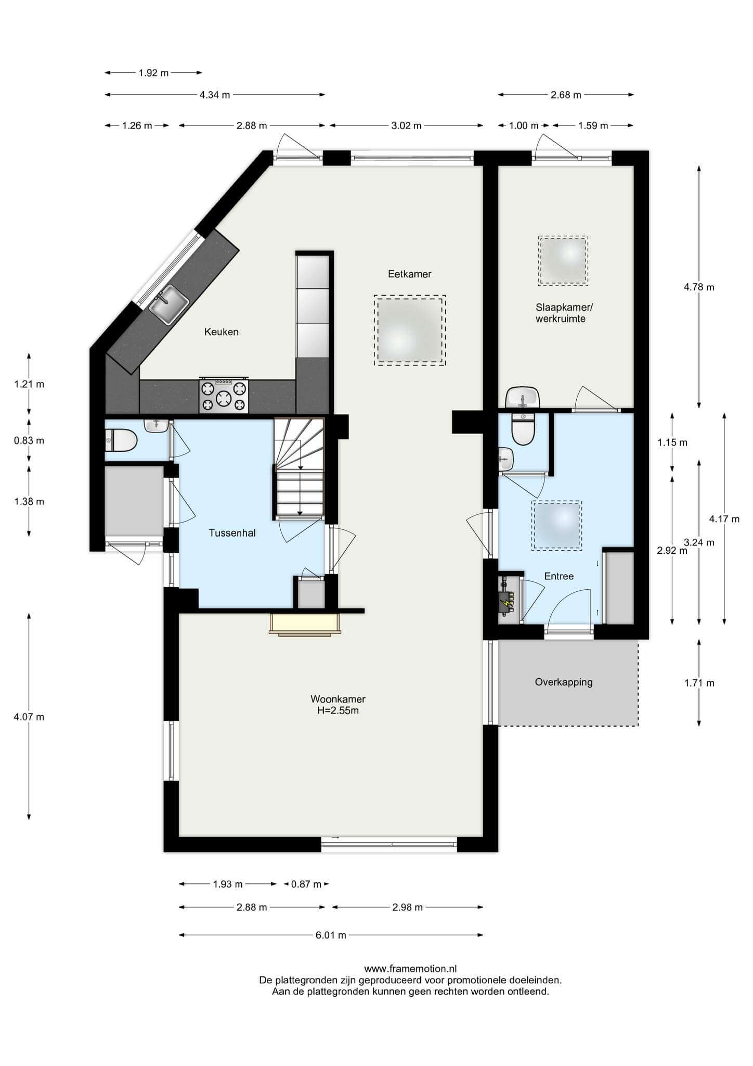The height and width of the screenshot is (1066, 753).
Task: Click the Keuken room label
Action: (222, 332)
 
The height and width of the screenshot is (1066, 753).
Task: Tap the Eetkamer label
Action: (410, 274)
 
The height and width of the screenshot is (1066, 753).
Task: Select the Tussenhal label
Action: (232, 533)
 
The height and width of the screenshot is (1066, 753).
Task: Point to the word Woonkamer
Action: (338, 699)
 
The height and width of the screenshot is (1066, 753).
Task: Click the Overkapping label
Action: (564, 682)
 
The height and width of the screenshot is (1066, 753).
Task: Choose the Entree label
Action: (559, 576)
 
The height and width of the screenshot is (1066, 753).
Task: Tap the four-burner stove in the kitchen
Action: (224, 395)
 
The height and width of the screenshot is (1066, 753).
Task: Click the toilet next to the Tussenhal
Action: (121, 440)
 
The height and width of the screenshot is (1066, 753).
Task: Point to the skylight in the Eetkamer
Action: (410, 331)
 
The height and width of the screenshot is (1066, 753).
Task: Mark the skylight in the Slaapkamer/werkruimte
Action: (563, 260)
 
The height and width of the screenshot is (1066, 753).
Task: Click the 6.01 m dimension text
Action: (331, 935)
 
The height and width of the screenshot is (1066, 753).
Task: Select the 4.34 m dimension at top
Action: (214, 95)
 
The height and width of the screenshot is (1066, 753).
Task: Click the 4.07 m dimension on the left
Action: (29, 717)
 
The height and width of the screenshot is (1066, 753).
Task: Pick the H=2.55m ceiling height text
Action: (338, 710)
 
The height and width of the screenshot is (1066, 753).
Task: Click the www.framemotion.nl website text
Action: (410, 969)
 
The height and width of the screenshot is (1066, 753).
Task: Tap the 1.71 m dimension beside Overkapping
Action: (699, 683)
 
